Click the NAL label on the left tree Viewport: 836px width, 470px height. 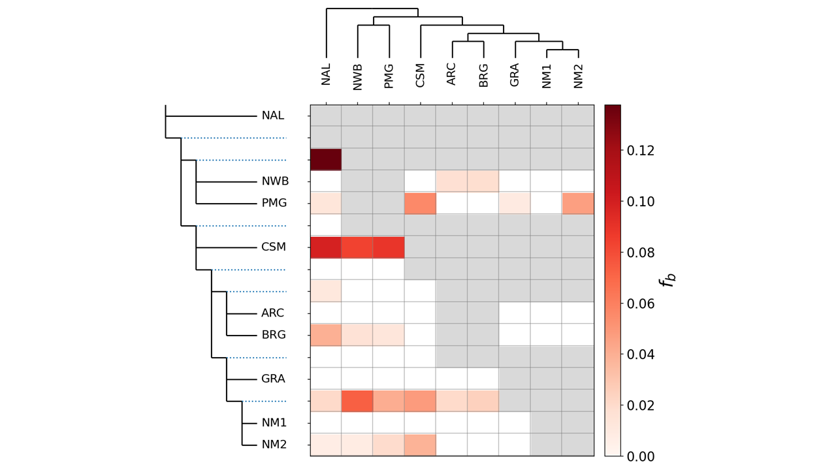273,116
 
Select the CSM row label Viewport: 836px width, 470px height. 274,247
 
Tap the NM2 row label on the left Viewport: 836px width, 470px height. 274,445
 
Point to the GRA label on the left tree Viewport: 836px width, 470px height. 273,379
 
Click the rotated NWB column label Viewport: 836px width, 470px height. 357,77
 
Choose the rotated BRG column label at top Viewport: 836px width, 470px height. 483,76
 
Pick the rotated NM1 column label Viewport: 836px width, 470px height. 547,76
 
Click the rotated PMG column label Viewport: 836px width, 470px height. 389,76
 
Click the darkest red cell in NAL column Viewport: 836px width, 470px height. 326,160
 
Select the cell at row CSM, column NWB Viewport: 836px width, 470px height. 357,247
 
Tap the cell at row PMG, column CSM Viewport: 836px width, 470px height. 420,203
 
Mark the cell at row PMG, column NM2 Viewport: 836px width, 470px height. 578,203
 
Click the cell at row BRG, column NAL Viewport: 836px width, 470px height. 326,335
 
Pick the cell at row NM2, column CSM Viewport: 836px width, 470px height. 420,445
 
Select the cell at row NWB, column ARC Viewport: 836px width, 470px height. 452,181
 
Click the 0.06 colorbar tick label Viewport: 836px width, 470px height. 641,304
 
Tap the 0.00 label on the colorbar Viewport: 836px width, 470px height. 641,456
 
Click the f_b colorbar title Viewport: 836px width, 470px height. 668,281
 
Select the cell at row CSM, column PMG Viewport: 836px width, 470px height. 389,247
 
